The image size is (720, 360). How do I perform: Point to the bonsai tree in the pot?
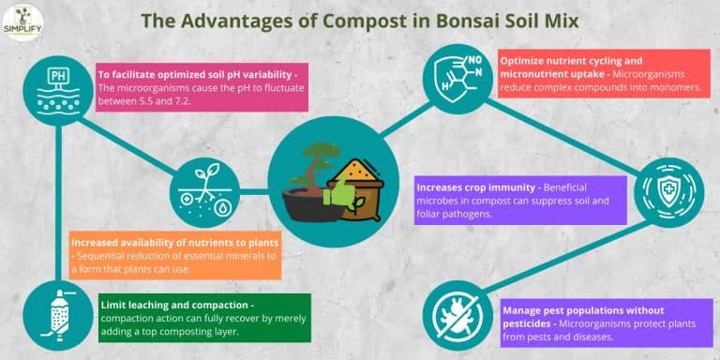tap(306, 183)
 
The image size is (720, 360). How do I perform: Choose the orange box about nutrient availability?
tap(172, 255)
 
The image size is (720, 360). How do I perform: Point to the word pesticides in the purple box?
tap(534, 322)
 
